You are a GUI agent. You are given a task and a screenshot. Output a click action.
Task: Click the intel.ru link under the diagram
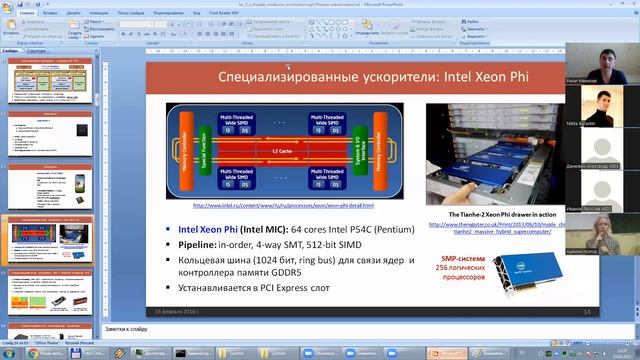(x=283, y=206)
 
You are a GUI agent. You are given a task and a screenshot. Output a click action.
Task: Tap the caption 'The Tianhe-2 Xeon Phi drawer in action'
(x=491, y=214)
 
